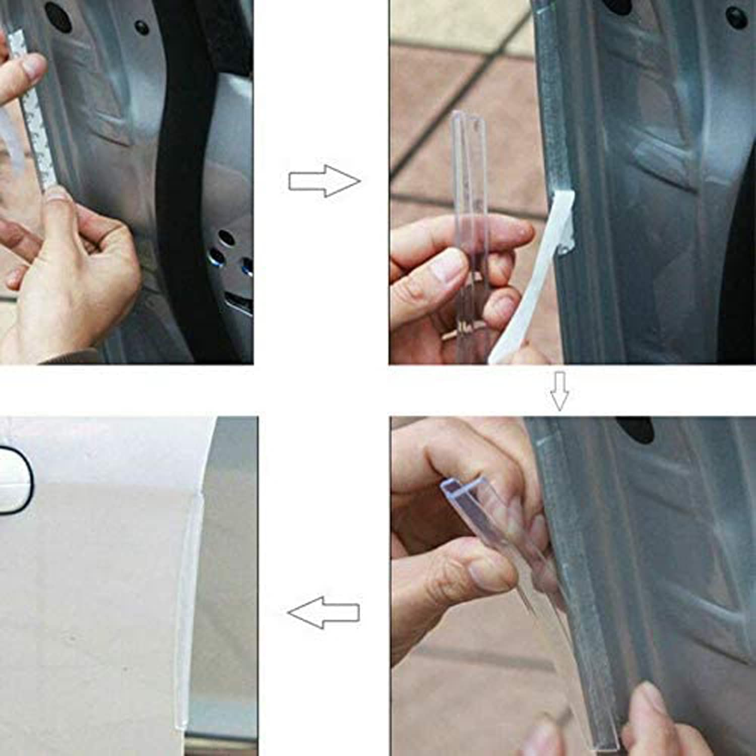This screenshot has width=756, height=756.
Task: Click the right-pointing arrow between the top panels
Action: pos(325,181)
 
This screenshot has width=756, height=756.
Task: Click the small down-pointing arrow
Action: pos(559,391)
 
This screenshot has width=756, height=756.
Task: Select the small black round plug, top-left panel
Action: pos(143,27)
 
